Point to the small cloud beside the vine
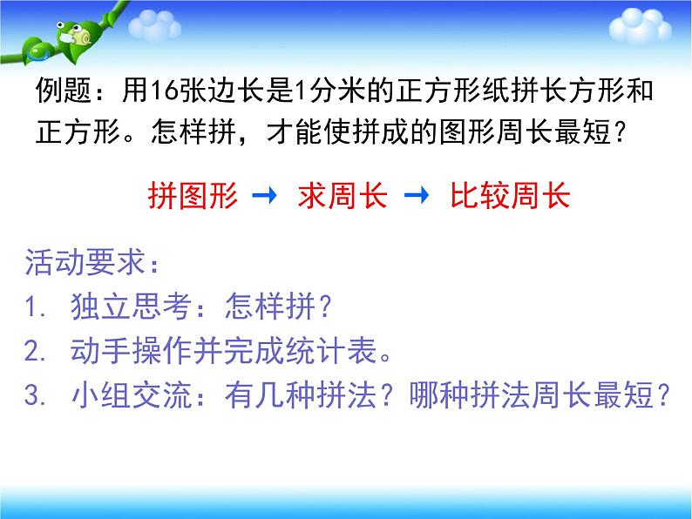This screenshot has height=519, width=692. click(x=155, y=25)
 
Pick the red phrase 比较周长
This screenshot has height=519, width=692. click(x=509, y=195)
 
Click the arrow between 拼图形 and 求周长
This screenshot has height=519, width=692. click(x=263, y=196)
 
